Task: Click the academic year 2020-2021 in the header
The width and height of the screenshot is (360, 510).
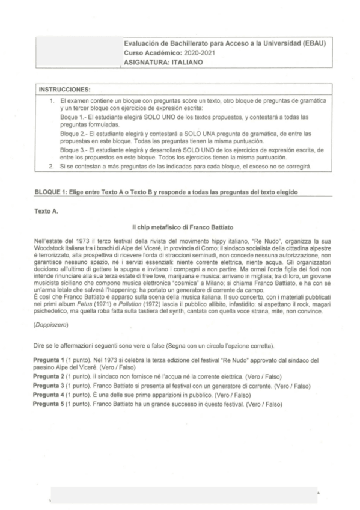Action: tap(199, 53)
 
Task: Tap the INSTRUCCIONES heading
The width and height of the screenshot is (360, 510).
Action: tap(64, 88)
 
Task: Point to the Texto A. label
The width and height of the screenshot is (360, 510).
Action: tap(46, 211)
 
